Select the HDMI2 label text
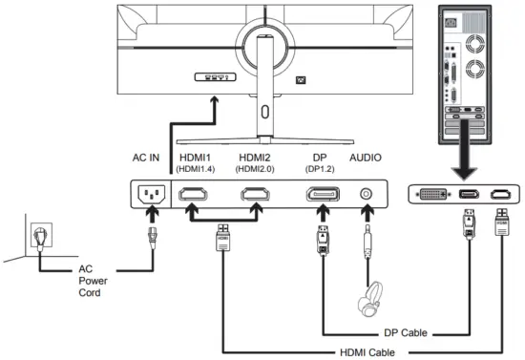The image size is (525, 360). point(256,157)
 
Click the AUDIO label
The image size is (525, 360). point(365,157)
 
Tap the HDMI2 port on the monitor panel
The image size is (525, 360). point(256,197)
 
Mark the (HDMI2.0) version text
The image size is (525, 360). point(256,169)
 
